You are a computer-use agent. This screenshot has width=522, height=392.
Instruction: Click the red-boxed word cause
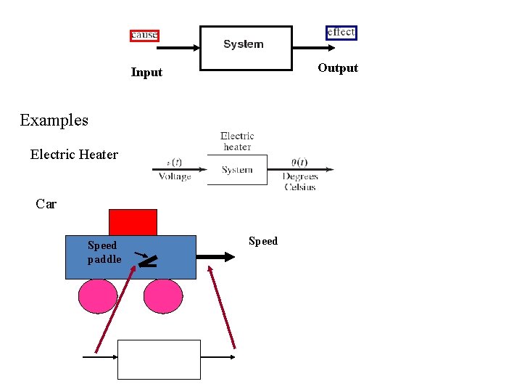[x=144, y=35]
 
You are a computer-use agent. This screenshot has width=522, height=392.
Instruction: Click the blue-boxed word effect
[x=341, y=32]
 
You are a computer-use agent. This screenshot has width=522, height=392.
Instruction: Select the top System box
[x=246, y=48]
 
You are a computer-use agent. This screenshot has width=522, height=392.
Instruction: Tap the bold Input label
[x=146, y=72]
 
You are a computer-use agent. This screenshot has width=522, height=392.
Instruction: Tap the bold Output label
[x=338, y=68]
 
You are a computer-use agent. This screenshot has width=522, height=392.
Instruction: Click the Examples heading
[x=54, y=120]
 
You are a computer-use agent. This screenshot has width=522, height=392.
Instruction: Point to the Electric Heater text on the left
[x=74, y=154]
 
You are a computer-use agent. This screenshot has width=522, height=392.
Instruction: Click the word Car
[x=46, y=204]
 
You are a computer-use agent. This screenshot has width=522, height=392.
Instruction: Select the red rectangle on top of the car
[x=133, y=222]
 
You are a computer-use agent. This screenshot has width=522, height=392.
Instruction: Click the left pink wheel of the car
[x=98, y=296]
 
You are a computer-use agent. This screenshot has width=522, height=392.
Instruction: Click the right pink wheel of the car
[x=163, y=296]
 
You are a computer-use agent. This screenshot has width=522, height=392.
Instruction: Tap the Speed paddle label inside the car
[x=104, y=253]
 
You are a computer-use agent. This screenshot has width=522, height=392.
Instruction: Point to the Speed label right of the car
[x=263, y=241]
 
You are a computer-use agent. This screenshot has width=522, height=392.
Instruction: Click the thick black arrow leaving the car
[x=217, y=256]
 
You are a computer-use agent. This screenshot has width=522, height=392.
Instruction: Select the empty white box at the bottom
[x=159, y=359]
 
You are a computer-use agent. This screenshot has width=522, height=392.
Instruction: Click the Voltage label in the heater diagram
[x=175, y=176]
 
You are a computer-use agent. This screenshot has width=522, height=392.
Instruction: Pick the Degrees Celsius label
[x=300, y=181]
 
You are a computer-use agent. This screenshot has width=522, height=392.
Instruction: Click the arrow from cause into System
[x=178, y=48]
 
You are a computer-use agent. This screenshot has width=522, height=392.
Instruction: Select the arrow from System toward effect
[x=314, y=48]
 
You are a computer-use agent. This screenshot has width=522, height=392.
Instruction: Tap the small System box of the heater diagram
[x=237, y=170]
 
